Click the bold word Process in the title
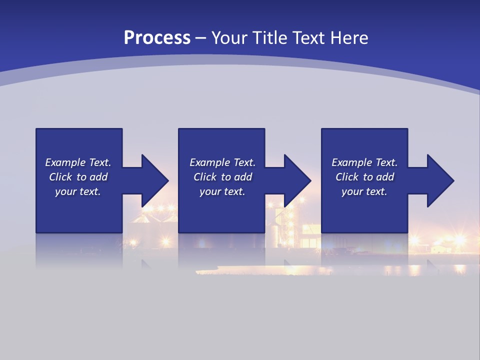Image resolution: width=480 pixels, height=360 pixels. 157,37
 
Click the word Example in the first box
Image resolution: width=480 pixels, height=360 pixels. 65,162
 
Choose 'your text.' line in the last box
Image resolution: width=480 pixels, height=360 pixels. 364,191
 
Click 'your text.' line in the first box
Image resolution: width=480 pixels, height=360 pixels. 78,191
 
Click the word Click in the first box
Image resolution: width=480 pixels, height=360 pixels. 60,177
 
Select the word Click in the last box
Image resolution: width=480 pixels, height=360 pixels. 347,177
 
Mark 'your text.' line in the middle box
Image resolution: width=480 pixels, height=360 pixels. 222,191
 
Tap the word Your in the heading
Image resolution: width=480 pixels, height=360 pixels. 229,37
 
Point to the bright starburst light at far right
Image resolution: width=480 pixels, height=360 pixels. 459,240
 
